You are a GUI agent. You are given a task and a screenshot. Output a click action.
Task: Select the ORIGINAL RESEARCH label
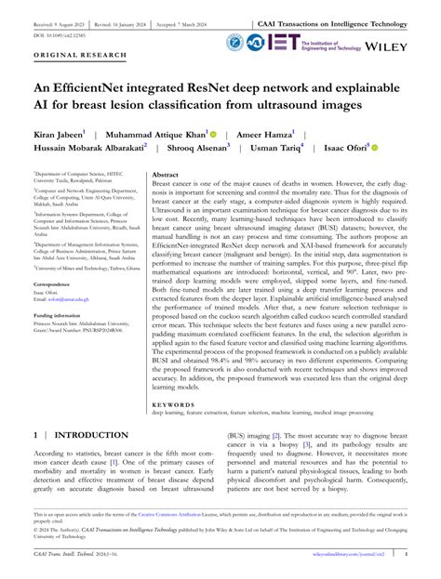[x=68, y=56]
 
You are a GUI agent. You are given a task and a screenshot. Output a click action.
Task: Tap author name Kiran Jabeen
[x=58, y=136]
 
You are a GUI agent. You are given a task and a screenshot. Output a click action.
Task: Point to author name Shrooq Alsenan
[x=209, y=151]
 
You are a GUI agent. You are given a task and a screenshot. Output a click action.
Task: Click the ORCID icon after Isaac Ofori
[x=376, y=150]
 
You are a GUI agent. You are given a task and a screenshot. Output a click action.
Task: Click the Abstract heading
[x=165, y=175]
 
